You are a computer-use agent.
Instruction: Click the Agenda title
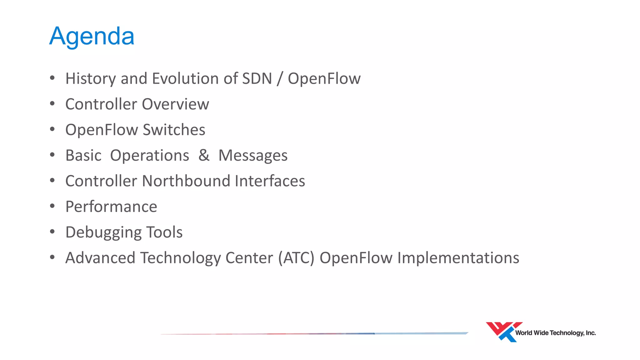92,36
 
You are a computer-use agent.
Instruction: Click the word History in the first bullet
90,78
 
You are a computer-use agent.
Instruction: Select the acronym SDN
257,78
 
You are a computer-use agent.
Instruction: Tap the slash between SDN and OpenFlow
280,78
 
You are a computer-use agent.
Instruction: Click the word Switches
174,130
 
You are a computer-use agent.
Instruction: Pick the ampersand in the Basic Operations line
204,155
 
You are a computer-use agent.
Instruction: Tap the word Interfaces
270,181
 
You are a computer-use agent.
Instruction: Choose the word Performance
111,207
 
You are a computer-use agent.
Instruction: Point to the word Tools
164,232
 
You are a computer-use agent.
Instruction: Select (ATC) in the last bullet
296,258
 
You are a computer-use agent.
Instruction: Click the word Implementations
458,258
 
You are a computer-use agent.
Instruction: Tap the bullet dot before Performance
52,206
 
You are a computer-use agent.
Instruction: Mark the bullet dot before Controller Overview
52,103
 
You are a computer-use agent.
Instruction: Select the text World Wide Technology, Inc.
555,333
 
